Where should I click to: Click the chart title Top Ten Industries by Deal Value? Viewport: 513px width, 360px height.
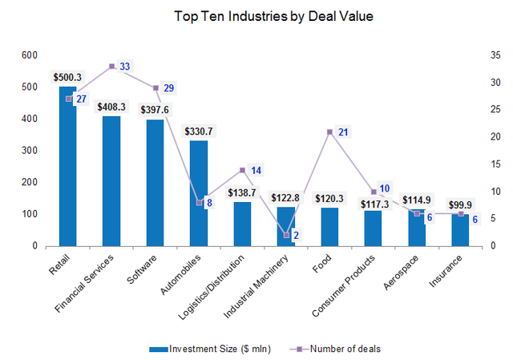(264, 16)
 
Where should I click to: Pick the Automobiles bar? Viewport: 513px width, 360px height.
(199, 193)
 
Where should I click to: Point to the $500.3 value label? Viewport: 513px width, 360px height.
(67, 77)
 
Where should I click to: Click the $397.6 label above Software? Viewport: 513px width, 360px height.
(155, 110)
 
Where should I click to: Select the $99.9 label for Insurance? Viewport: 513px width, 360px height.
(459, 204)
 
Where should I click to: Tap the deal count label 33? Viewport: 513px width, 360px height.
(125, 67)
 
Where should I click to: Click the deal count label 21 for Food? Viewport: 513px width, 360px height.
(343, 131)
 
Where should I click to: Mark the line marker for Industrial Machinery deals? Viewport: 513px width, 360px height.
(286, 235)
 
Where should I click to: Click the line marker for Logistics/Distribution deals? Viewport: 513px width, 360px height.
(242, 170)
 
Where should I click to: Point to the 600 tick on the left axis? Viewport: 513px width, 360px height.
(30, 55)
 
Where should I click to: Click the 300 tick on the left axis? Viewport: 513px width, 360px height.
(30, 151)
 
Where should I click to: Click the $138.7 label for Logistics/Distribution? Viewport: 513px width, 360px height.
(242, 193)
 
